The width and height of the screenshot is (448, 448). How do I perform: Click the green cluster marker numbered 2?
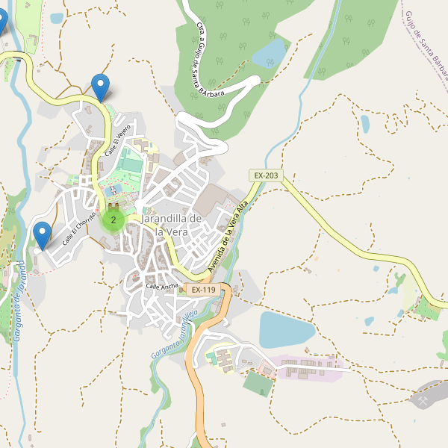point(113,220)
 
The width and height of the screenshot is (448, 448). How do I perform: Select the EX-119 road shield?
point(202,289)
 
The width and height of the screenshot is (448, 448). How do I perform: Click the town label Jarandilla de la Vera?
point(171,225)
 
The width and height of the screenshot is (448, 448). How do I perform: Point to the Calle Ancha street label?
point(162,286)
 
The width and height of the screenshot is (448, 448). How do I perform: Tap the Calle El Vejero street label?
point(122,140)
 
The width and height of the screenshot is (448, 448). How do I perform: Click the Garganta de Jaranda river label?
point(16,302)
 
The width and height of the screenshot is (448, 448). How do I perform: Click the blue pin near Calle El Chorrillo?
point(43,235)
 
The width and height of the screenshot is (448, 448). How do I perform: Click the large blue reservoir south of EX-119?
point(286,329)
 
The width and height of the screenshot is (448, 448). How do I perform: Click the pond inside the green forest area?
point(270,53)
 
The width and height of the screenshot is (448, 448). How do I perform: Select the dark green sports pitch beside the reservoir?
point(258,384)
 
